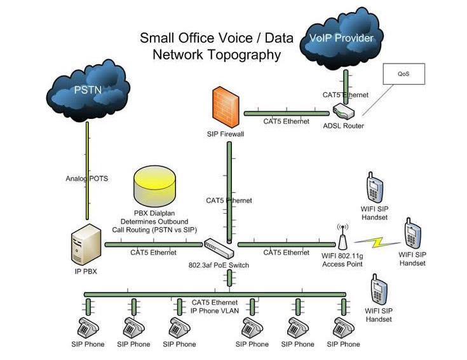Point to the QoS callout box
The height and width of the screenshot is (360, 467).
[403, 74]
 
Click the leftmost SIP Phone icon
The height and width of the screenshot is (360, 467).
[87, 328]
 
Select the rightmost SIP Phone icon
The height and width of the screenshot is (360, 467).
[343, 328]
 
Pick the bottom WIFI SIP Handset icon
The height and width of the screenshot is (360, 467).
[379, 291]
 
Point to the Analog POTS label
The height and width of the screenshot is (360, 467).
[87, 179]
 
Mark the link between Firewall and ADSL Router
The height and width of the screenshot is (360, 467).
[285, 113]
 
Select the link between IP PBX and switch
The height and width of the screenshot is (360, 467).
[153, 244]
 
